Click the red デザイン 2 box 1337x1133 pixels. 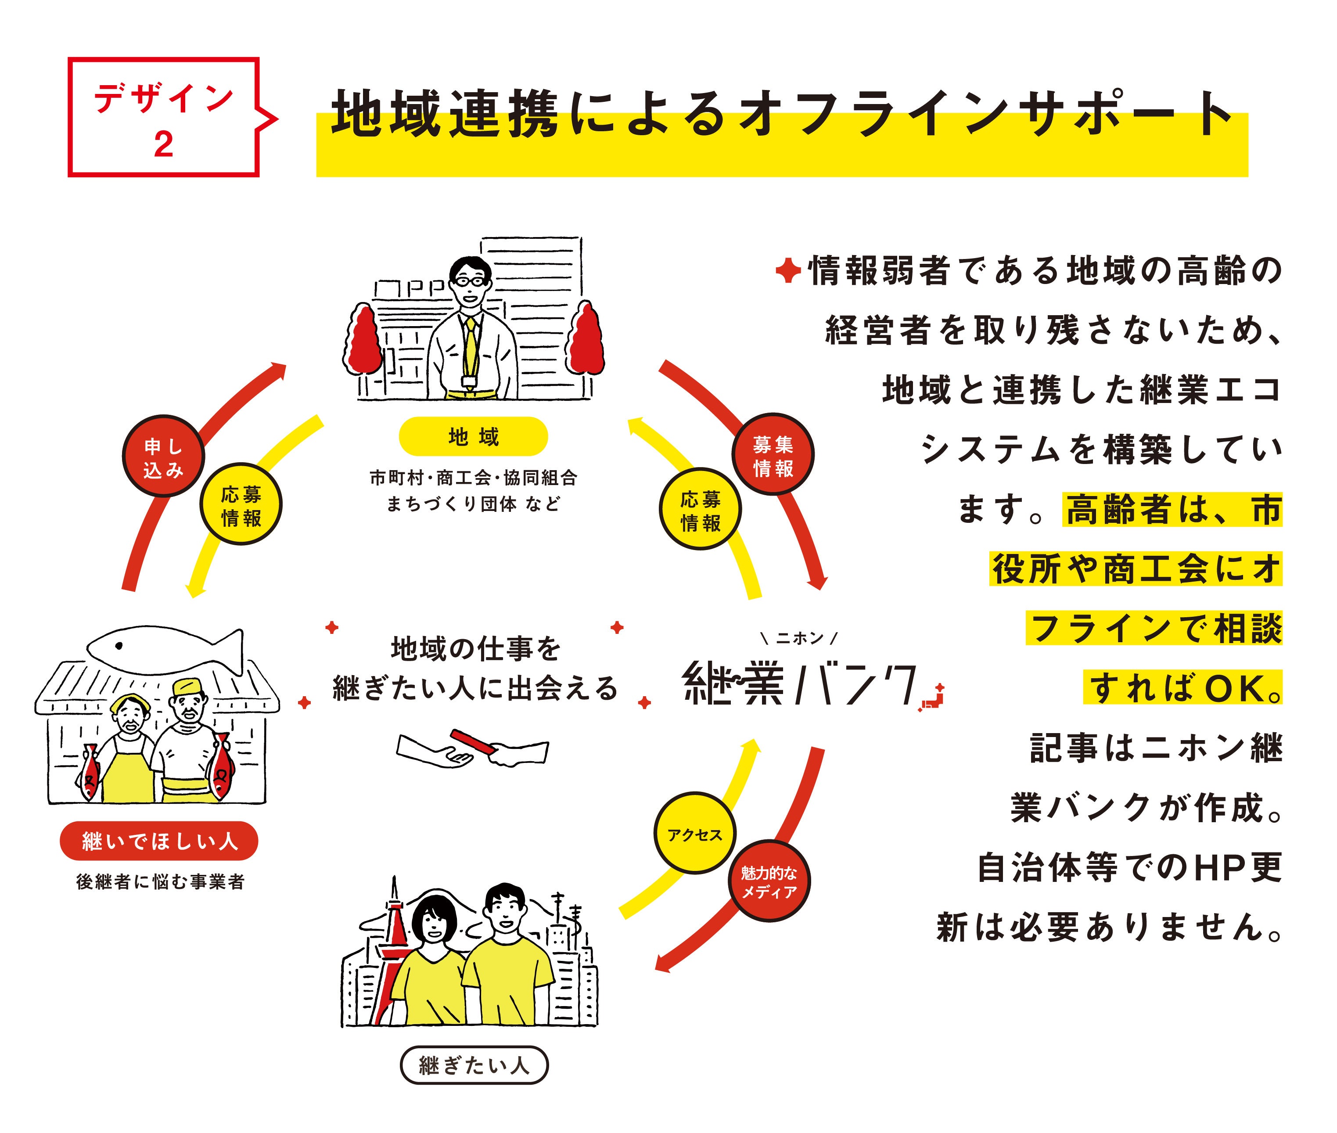click(163, 117)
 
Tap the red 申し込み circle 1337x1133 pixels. click(163, 456)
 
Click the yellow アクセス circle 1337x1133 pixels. click(694, 834)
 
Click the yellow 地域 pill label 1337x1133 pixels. click(473, 437)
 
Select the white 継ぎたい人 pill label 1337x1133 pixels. click(474, 1065)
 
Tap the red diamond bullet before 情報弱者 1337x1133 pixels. click(787, 270)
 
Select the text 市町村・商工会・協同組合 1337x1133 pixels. click(473, 477)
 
